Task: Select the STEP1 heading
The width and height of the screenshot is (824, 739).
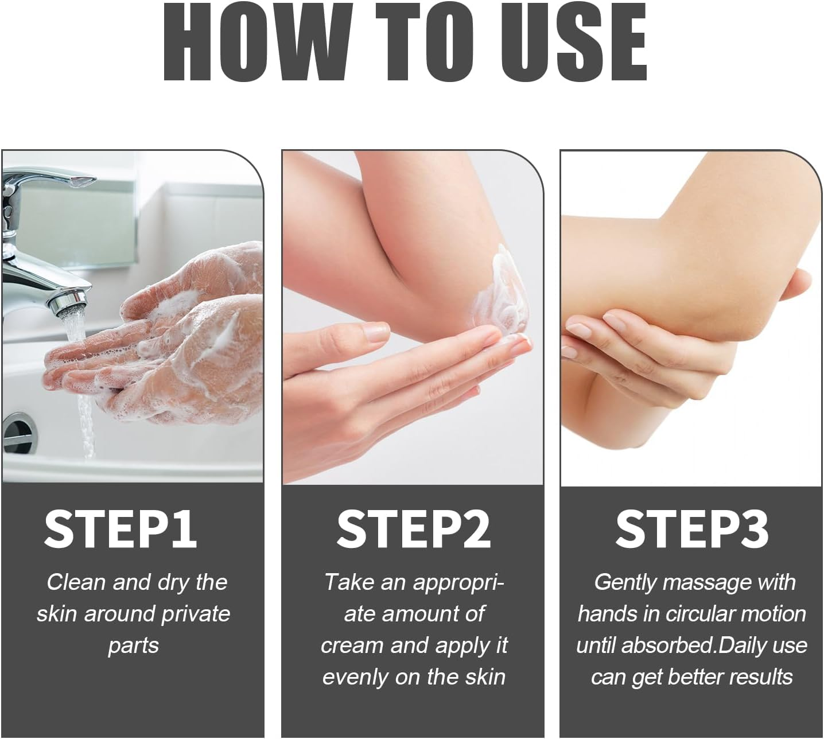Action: point(121,529)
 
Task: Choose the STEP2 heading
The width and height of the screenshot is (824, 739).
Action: point(413,529)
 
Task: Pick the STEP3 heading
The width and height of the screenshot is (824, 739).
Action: point(691,529)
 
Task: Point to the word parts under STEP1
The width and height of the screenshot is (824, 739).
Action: point(133,645)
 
